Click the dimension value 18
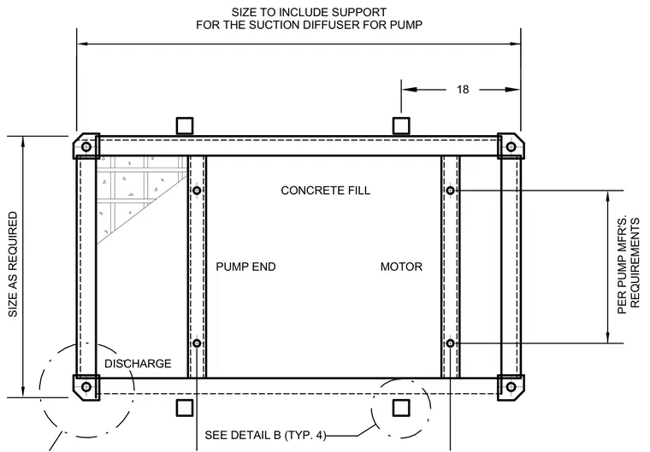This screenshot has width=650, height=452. pyautogui.click(x=463, y=90)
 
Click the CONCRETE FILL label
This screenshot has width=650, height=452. pyautogui.click(x=325, y=191)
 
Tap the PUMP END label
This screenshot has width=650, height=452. pyautogui.click(x=245, y=267)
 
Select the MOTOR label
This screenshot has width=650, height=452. pyautogui.click(x=401, y=267)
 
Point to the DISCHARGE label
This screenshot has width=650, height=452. pyautogui.click(x=138, y=364)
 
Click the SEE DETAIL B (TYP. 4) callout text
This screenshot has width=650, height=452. pyautogui.click(x=265, y=436)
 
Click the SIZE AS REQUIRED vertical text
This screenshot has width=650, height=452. pyautogui.click(x=13, y=265)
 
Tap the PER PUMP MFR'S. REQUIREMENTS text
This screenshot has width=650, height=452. pyautogui.click(x=629, y=266)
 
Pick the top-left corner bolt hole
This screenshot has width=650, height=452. pyautogui.click(x=86, y=147)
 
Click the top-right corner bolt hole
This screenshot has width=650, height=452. pyautogui.click(x=511, y=147)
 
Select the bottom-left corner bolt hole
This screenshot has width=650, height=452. pyautogui.click(x=86, y=387)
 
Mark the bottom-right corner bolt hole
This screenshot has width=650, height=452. pyautogui.click(x=511, y=387)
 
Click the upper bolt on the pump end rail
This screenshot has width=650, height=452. pyautogui.click(x=197, y=191)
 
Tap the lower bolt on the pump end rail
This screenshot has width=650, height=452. pyautogui.click(x=197, y=343)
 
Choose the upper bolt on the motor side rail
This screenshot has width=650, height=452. pyautogui.click(x=451, y=191)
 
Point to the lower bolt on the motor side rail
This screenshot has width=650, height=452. pyautogui.click(x=451, y=343)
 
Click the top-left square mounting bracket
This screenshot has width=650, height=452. pyautogui.click(x=185, y=126)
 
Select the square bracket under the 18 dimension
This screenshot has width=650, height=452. pyautogui.click(x=401, y=126)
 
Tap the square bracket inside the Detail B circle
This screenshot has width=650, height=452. pyautogui.click(x=401, y=408)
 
